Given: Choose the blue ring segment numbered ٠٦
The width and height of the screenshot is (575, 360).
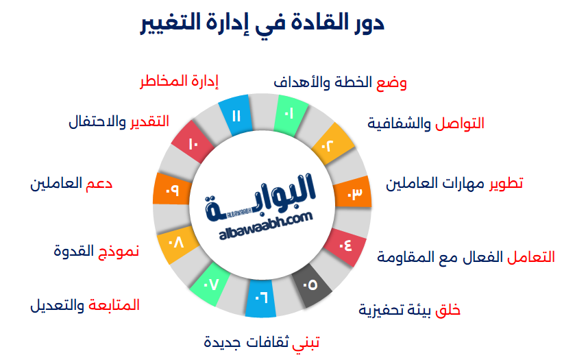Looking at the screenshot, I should point(261,298).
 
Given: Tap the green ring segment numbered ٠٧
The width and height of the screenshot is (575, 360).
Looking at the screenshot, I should point(211,282).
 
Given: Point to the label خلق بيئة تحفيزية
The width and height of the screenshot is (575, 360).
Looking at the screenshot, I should point(409,310).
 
